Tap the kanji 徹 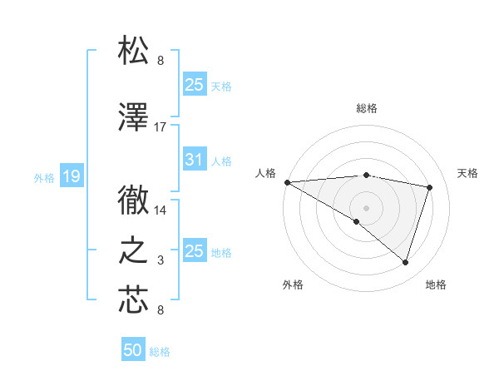(x=135, y=200)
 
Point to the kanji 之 (x=135, y=251)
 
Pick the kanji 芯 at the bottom (x=135, y=300)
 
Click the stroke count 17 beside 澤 (x=161, y=127)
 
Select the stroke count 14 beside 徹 (x=161, y=210)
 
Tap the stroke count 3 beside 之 (x=161, y=261)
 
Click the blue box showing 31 (x=195, y=160)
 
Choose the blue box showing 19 (x=71, y=176)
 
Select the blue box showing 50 (x=133, y=350)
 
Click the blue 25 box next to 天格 (x=195, y=84)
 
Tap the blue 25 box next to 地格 (x=195, y=250)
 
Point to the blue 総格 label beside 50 (x=160, y=353)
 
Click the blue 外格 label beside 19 (x=44, y=177)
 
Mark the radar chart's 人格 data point (x=287, y=182)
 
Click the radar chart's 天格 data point (x=430, y=187)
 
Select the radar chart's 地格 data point (x=405, y=263)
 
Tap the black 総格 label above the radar (x=366, y=108)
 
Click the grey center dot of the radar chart (x=366, y=205)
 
